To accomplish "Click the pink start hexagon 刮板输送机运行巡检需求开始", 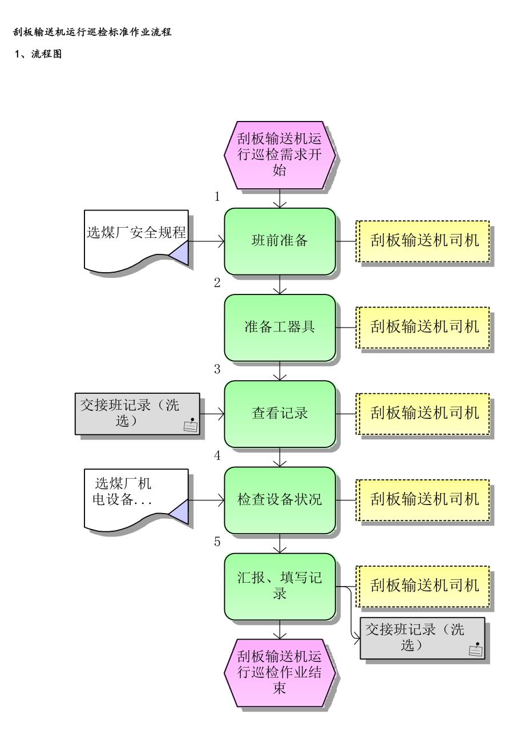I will click(x=279, y=154).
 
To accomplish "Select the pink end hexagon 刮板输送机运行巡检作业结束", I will click(x=279, y=673).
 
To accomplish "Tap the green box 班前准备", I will click(x=279, y=241).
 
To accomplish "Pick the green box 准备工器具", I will click(x=279, y=327).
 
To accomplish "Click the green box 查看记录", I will click(x=279, y=413).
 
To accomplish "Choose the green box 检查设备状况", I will click(x=279, y=500).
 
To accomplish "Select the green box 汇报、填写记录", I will click(x=279, y=586).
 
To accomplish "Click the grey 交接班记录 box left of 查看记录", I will click(x=137, y=413).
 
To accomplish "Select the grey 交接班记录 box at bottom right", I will click(x=422, y=637).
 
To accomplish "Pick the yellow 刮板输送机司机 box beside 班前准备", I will click(x=423, y=241).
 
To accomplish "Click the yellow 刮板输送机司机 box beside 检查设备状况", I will click(x=423, y=500).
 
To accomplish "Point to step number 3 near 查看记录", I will click(x=217, y=369).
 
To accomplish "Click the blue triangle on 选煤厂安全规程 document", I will click(x=180, y=252).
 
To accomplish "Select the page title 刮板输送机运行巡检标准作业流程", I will click(x=92, y=33).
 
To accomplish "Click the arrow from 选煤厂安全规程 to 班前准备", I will click(x=207, y=241).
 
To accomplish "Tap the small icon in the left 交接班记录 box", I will click(x=191, y=424).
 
